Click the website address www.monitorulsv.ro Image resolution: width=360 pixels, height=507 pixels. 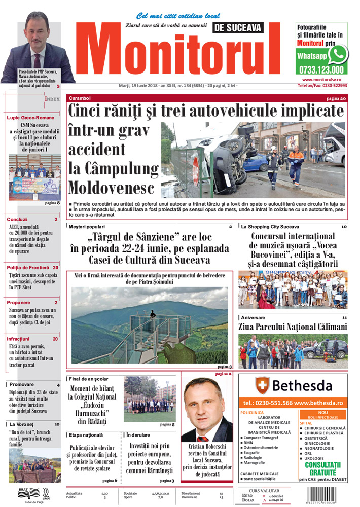pyautogui.click(x=325, y=80)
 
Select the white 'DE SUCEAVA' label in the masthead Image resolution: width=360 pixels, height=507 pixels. pyautogui.click(x=237, y=28)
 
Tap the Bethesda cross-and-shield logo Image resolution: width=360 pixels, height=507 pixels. pyautogui.click(x=262, y=386)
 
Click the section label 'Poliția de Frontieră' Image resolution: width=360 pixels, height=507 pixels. pyautogui.click(x=28, y=267)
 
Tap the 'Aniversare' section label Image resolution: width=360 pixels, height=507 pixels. pyautogui.click(x=254, y=317)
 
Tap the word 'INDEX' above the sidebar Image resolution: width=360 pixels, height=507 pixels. pyautogui.click(x=52, y=99)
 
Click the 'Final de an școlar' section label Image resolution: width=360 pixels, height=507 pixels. pyautogui.click(x=89, y=379)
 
